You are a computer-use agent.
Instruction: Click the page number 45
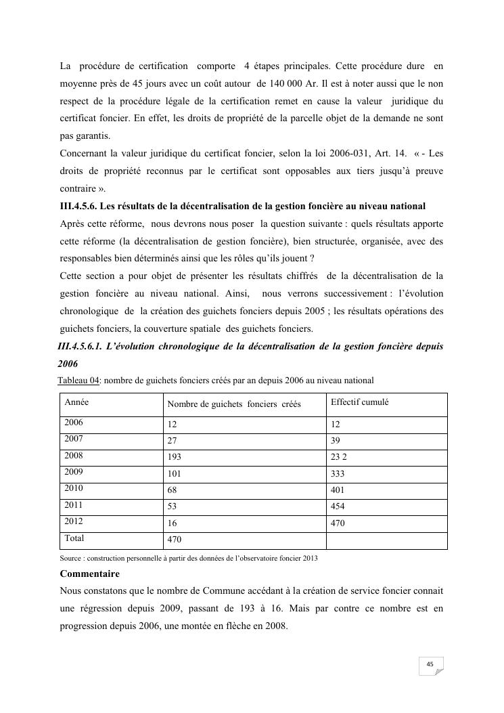click(430, 664)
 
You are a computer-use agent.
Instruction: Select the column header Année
click(76, 402)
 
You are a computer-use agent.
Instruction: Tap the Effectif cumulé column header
click(359, 402)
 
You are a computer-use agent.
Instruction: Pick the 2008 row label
click(73, 455)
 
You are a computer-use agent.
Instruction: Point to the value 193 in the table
click(174, 458)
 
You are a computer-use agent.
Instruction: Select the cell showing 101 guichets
click(174, 475)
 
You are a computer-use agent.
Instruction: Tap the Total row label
click(74, 538)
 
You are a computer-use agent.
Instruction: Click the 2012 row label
click(73, 521)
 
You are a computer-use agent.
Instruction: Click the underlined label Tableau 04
click(78, 380)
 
